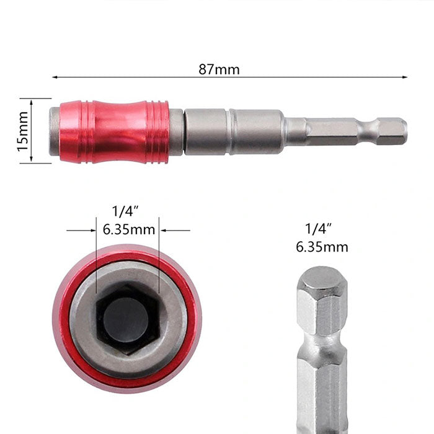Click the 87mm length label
pyautogui.click(x=219, y=69)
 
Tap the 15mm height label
pyautogui.click(x=24, y=131)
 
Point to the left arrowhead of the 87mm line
pyautogui.click(x=55, y=77)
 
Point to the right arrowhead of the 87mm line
pyautogui.click(x=405, y=77)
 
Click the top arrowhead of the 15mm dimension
pyautogui.click(x=31, y=102)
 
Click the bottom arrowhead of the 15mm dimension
pyautogui.click(x=31, y=159)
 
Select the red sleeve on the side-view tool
pyautogui.click(x=114, y=132)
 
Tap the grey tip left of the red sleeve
pyautogui.click(x=55, y=131)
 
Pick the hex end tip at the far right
pyautogui.click(x=392, y=131)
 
